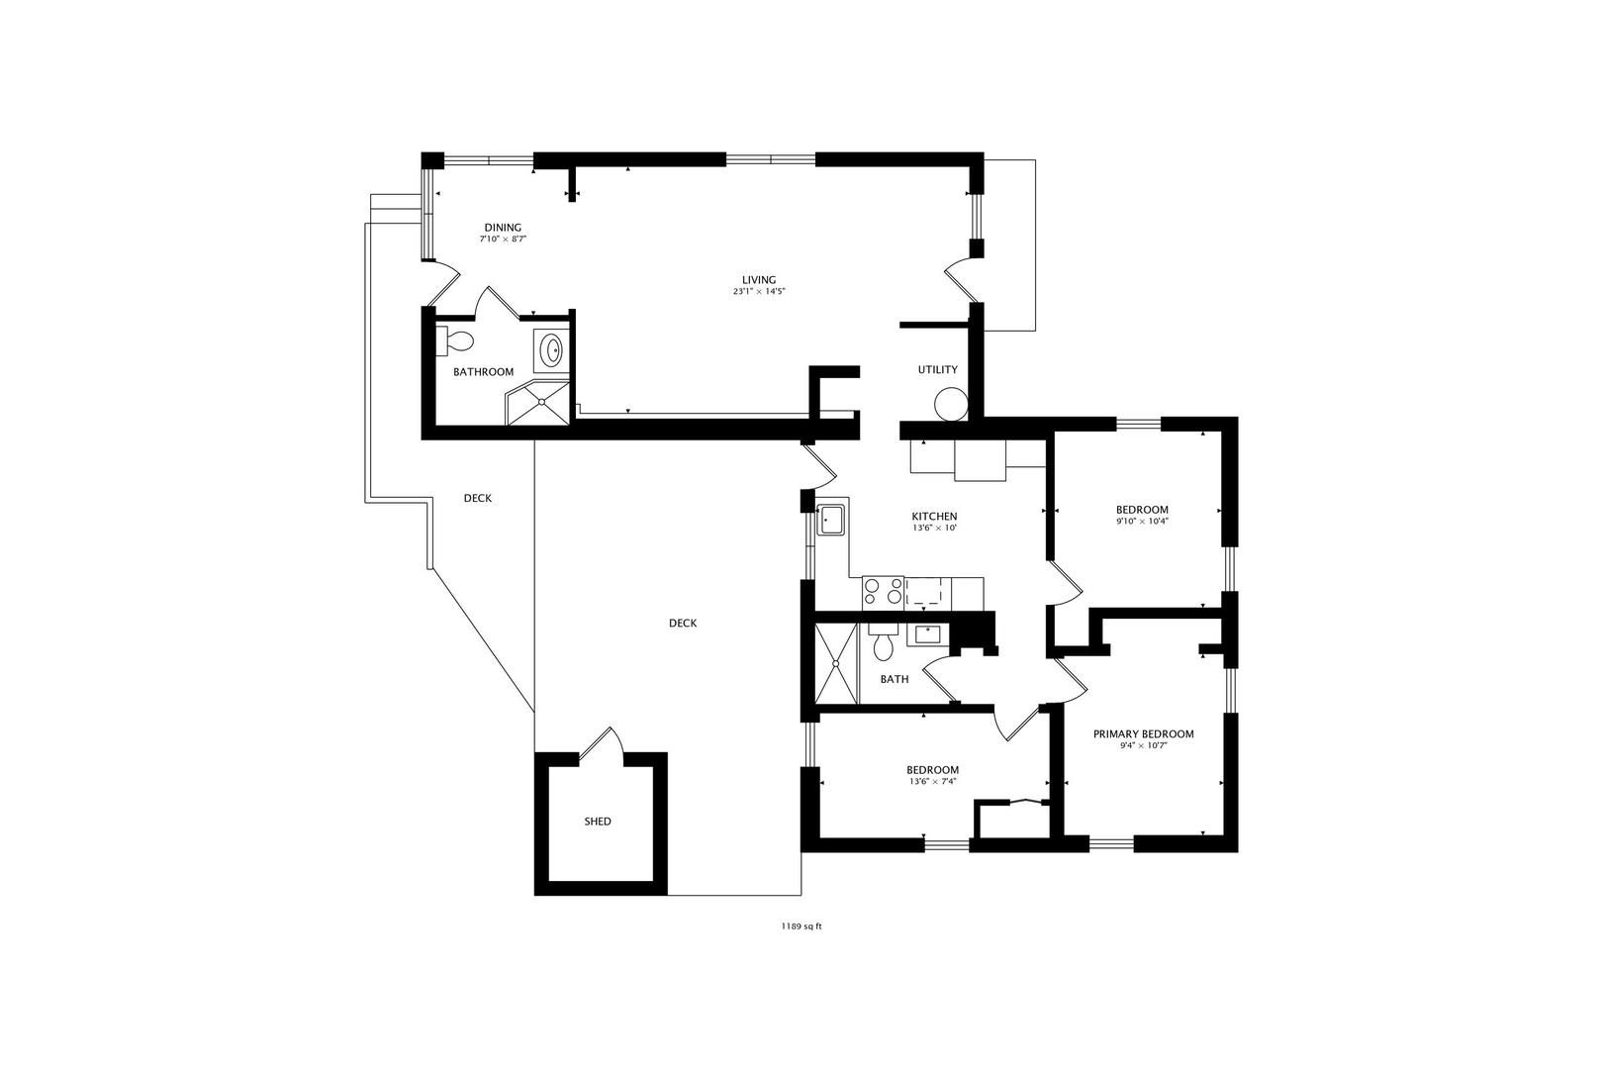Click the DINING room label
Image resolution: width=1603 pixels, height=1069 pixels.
(503, 228)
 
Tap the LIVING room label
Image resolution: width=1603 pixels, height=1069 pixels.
(759, 280)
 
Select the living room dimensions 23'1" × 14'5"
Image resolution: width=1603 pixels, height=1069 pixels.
(759, 291)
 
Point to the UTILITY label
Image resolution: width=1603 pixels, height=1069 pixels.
(937, 369)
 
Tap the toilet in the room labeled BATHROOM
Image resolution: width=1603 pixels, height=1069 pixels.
(454, 340)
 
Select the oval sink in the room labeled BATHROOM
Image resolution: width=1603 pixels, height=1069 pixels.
(552, 350)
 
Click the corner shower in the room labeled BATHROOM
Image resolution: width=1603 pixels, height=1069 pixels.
(538, 403)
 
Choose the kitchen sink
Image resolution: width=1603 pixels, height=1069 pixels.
(831, 519)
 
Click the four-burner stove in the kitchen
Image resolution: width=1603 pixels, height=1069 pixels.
(883, 592)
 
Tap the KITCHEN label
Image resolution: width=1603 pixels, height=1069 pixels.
(934, 517)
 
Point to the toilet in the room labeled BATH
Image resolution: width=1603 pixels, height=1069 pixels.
(883, 641)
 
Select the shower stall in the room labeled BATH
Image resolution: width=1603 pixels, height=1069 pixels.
(836, 663)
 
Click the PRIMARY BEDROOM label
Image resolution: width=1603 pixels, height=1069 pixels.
(1143, 733)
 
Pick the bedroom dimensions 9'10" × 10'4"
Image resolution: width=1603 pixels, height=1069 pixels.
(1142, 522)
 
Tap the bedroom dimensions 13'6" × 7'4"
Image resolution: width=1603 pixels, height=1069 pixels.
(932, 781)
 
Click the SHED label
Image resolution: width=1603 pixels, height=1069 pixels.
(598, 822)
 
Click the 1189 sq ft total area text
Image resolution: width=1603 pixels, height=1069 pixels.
(801, 925)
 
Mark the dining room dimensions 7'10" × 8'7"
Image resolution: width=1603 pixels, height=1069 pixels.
(503, 240)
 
